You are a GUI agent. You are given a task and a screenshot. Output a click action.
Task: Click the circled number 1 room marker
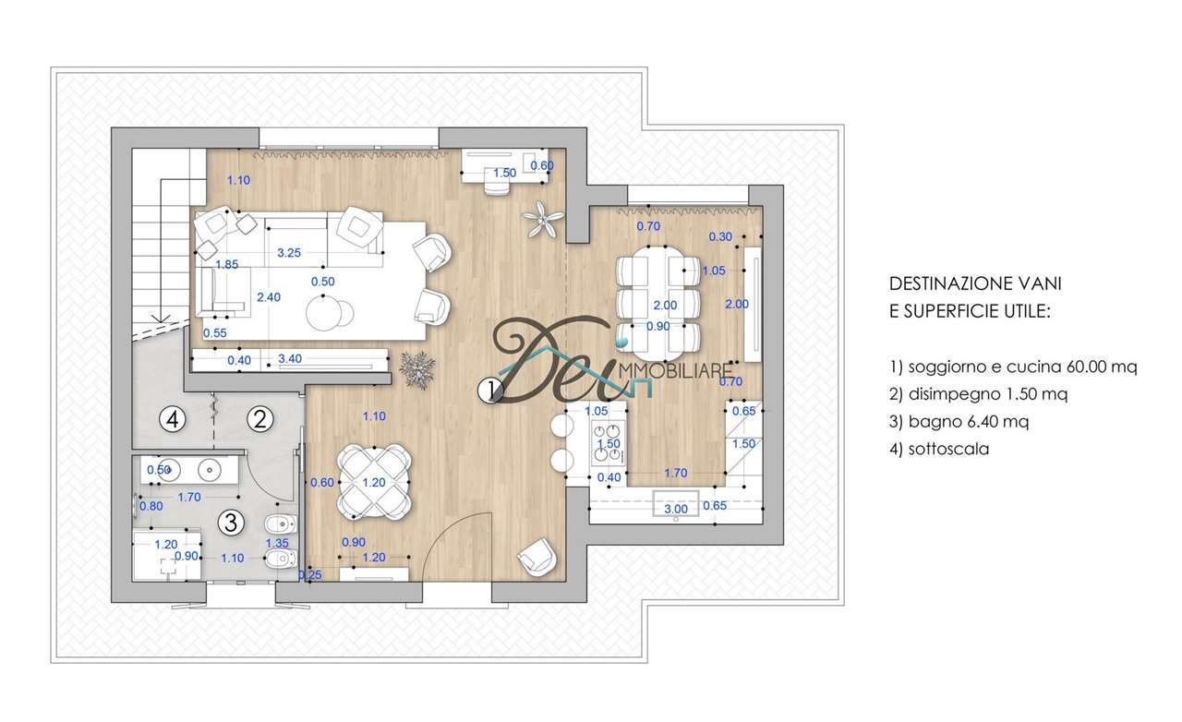click(490, 391)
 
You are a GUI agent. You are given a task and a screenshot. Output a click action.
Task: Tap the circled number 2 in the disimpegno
click(260, 419)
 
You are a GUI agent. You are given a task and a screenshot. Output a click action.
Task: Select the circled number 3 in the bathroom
click(231, 523)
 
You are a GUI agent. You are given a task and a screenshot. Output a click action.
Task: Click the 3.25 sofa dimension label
click(289, 253)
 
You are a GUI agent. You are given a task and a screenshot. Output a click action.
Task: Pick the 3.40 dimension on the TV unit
click(290, 359)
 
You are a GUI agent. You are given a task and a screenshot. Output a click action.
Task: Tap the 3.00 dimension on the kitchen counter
click(676, 509)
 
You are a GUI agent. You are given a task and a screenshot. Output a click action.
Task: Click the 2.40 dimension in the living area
click(269, 297)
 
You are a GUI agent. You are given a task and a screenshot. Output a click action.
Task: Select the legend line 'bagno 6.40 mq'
click(959, 422)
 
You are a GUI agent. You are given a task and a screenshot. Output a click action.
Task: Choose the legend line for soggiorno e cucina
click(1013, 367)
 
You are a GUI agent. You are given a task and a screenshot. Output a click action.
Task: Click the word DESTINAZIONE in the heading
click(944, 283)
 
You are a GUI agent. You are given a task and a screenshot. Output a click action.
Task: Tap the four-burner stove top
click(609, 443)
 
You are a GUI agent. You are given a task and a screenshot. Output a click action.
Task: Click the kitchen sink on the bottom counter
click(676, 504)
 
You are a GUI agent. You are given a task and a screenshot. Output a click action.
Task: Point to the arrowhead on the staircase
click(161, 319)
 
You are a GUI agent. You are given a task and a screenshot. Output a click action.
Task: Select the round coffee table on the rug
click(323, 312)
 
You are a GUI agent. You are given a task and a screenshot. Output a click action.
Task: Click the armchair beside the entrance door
click(537, 557)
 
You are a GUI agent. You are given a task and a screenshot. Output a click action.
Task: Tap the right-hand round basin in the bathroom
click(211, 469)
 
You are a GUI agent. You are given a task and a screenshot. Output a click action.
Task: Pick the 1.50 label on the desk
click(504, 173)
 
